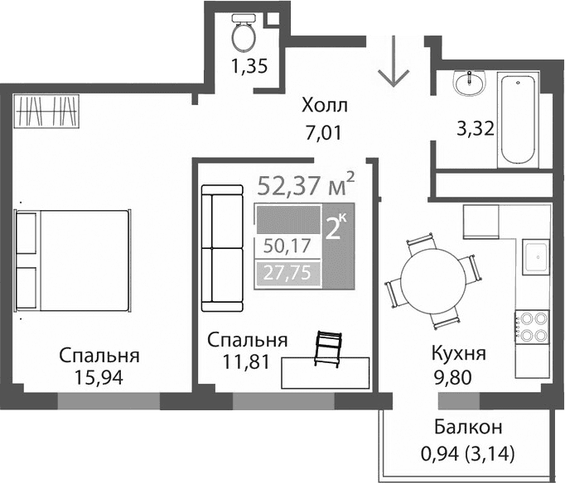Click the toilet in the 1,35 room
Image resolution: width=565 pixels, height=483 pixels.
coord(244,34)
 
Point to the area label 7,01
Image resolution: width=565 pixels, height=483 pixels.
coord(322,130)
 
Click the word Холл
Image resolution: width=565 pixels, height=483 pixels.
coord(325,106)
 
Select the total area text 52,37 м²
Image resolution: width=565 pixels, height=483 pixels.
coord(306,184)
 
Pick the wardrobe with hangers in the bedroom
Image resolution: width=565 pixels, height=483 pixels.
coord(48,111)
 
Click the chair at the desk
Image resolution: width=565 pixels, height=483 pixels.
coord(328,348)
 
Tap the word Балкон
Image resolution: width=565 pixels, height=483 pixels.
coord(468,428)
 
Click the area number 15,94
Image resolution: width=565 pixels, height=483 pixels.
coord(99,380)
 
